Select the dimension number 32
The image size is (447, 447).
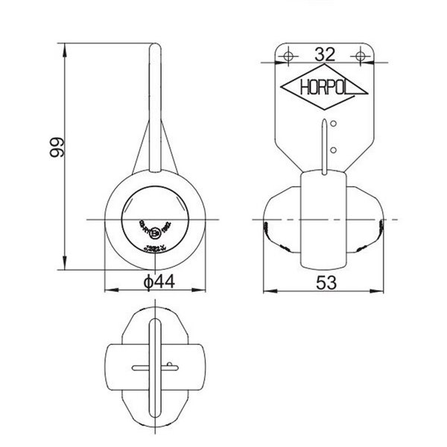tap(325, 54)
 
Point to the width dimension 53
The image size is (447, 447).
tap(325, 282)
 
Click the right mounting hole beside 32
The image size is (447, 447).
tap(361, 54)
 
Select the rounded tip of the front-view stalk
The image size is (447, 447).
tap(155, 49)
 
